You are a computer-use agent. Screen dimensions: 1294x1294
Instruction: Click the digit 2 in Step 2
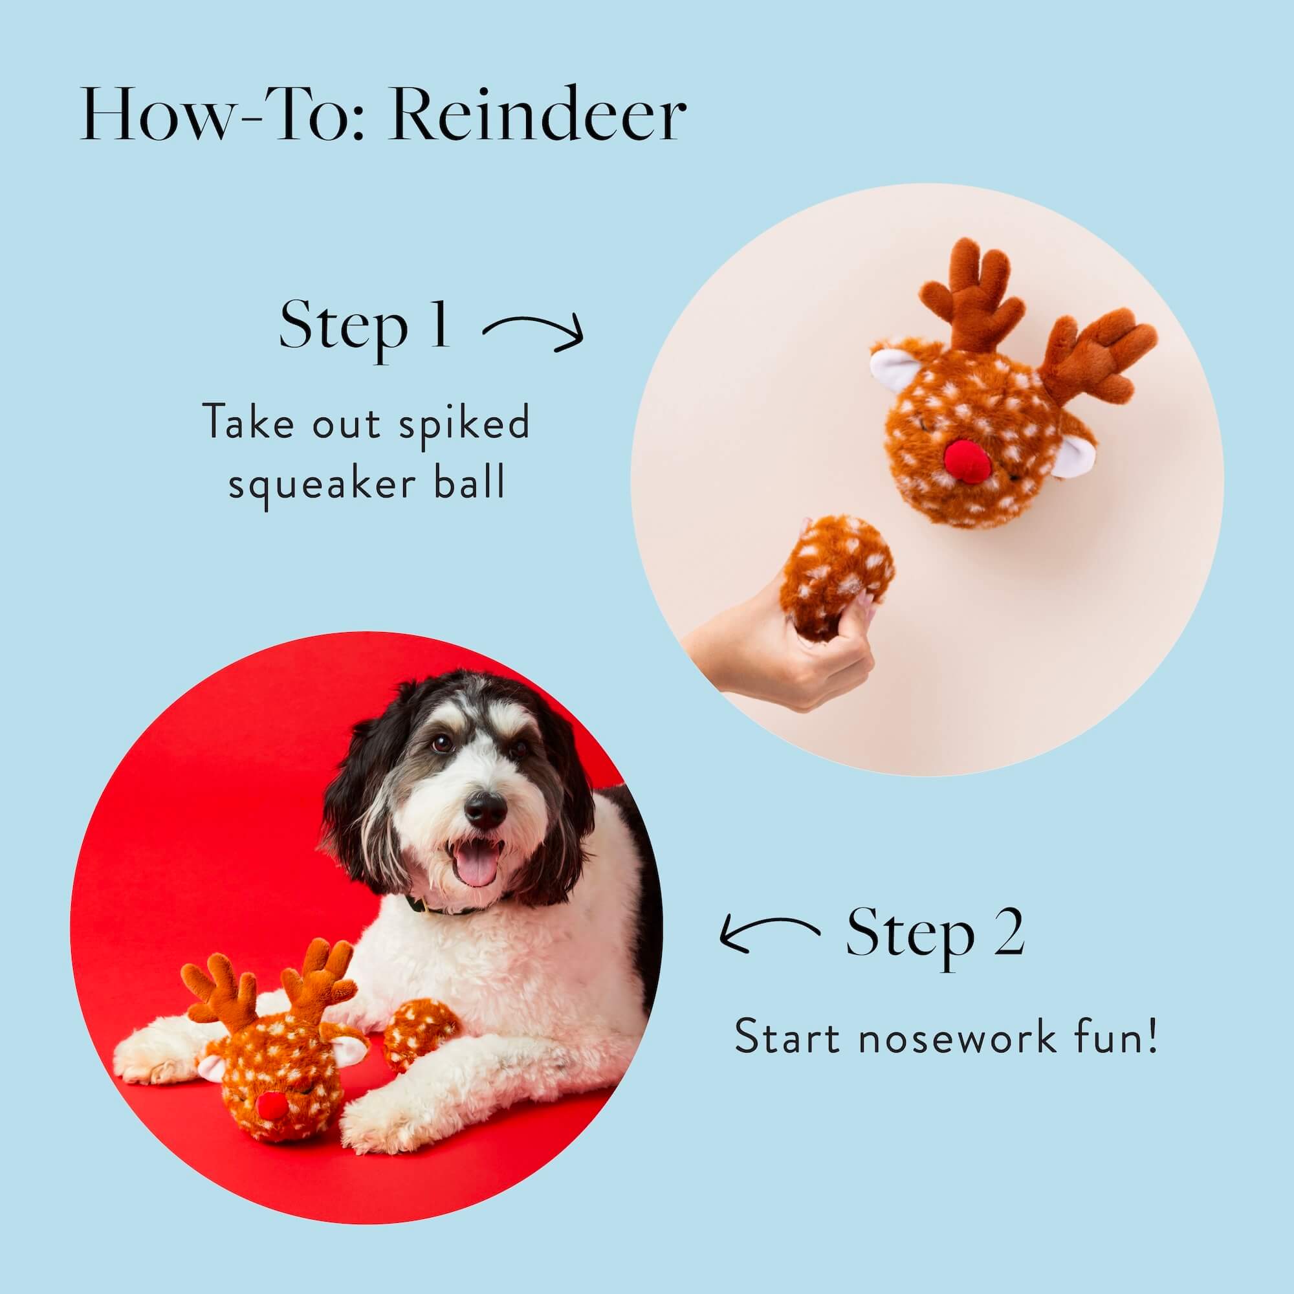pos(1009,932)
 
